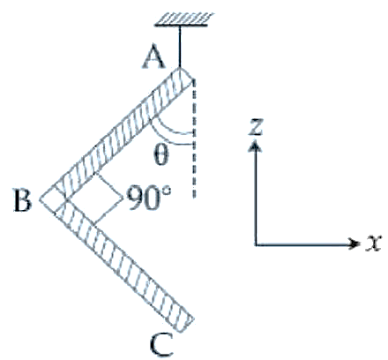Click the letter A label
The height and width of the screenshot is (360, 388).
[x=153, y=57]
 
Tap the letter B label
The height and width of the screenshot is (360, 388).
[x=23, y=201]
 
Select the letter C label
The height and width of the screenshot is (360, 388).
[x=161, y=344]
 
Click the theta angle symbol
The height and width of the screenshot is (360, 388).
[x=161, y=155]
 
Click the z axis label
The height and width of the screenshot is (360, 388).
[x=255, y=127]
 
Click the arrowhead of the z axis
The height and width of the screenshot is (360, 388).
[x=255, y=146]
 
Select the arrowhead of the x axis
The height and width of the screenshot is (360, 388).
[x=354, y=244]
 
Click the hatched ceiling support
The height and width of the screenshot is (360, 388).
[x=184, y=19]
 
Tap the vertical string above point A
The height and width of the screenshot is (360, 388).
[x=180, y=47]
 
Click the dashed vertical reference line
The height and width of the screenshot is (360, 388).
[x=193, y=139]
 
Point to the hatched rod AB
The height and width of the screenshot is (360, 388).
[x=116, y=134]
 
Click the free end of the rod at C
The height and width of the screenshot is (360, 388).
[x=186, y=326]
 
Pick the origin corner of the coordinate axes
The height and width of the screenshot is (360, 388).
[x=256, y=244]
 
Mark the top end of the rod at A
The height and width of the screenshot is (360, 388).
[x=180, y=69]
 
